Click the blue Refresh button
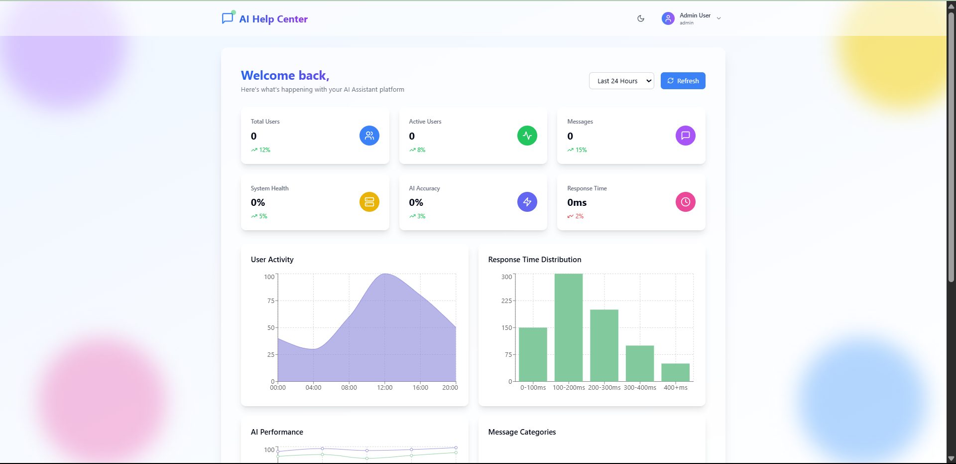(x=683, y=81)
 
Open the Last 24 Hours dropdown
(x=621, y=81)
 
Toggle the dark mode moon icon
(x=641, y=18)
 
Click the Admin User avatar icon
(x=668, y=18)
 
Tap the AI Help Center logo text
(x=273, y=19)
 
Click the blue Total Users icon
(x=369, y=136)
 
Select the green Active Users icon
(x=527, y=136)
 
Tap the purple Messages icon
(x=685, y=136)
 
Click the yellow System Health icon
(x=369, y=202)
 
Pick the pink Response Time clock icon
(x=685, y=202)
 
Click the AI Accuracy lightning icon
(x=527, y=202)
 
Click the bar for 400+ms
(x=675, y=372)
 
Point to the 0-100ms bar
(x=533, y=354)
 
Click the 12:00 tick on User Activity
(x=384, y=387)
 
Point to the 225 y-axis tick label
(x=506, y=301)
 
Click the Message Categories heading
(x=522, y=432)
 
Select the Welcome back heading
(x=285, y=75)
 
